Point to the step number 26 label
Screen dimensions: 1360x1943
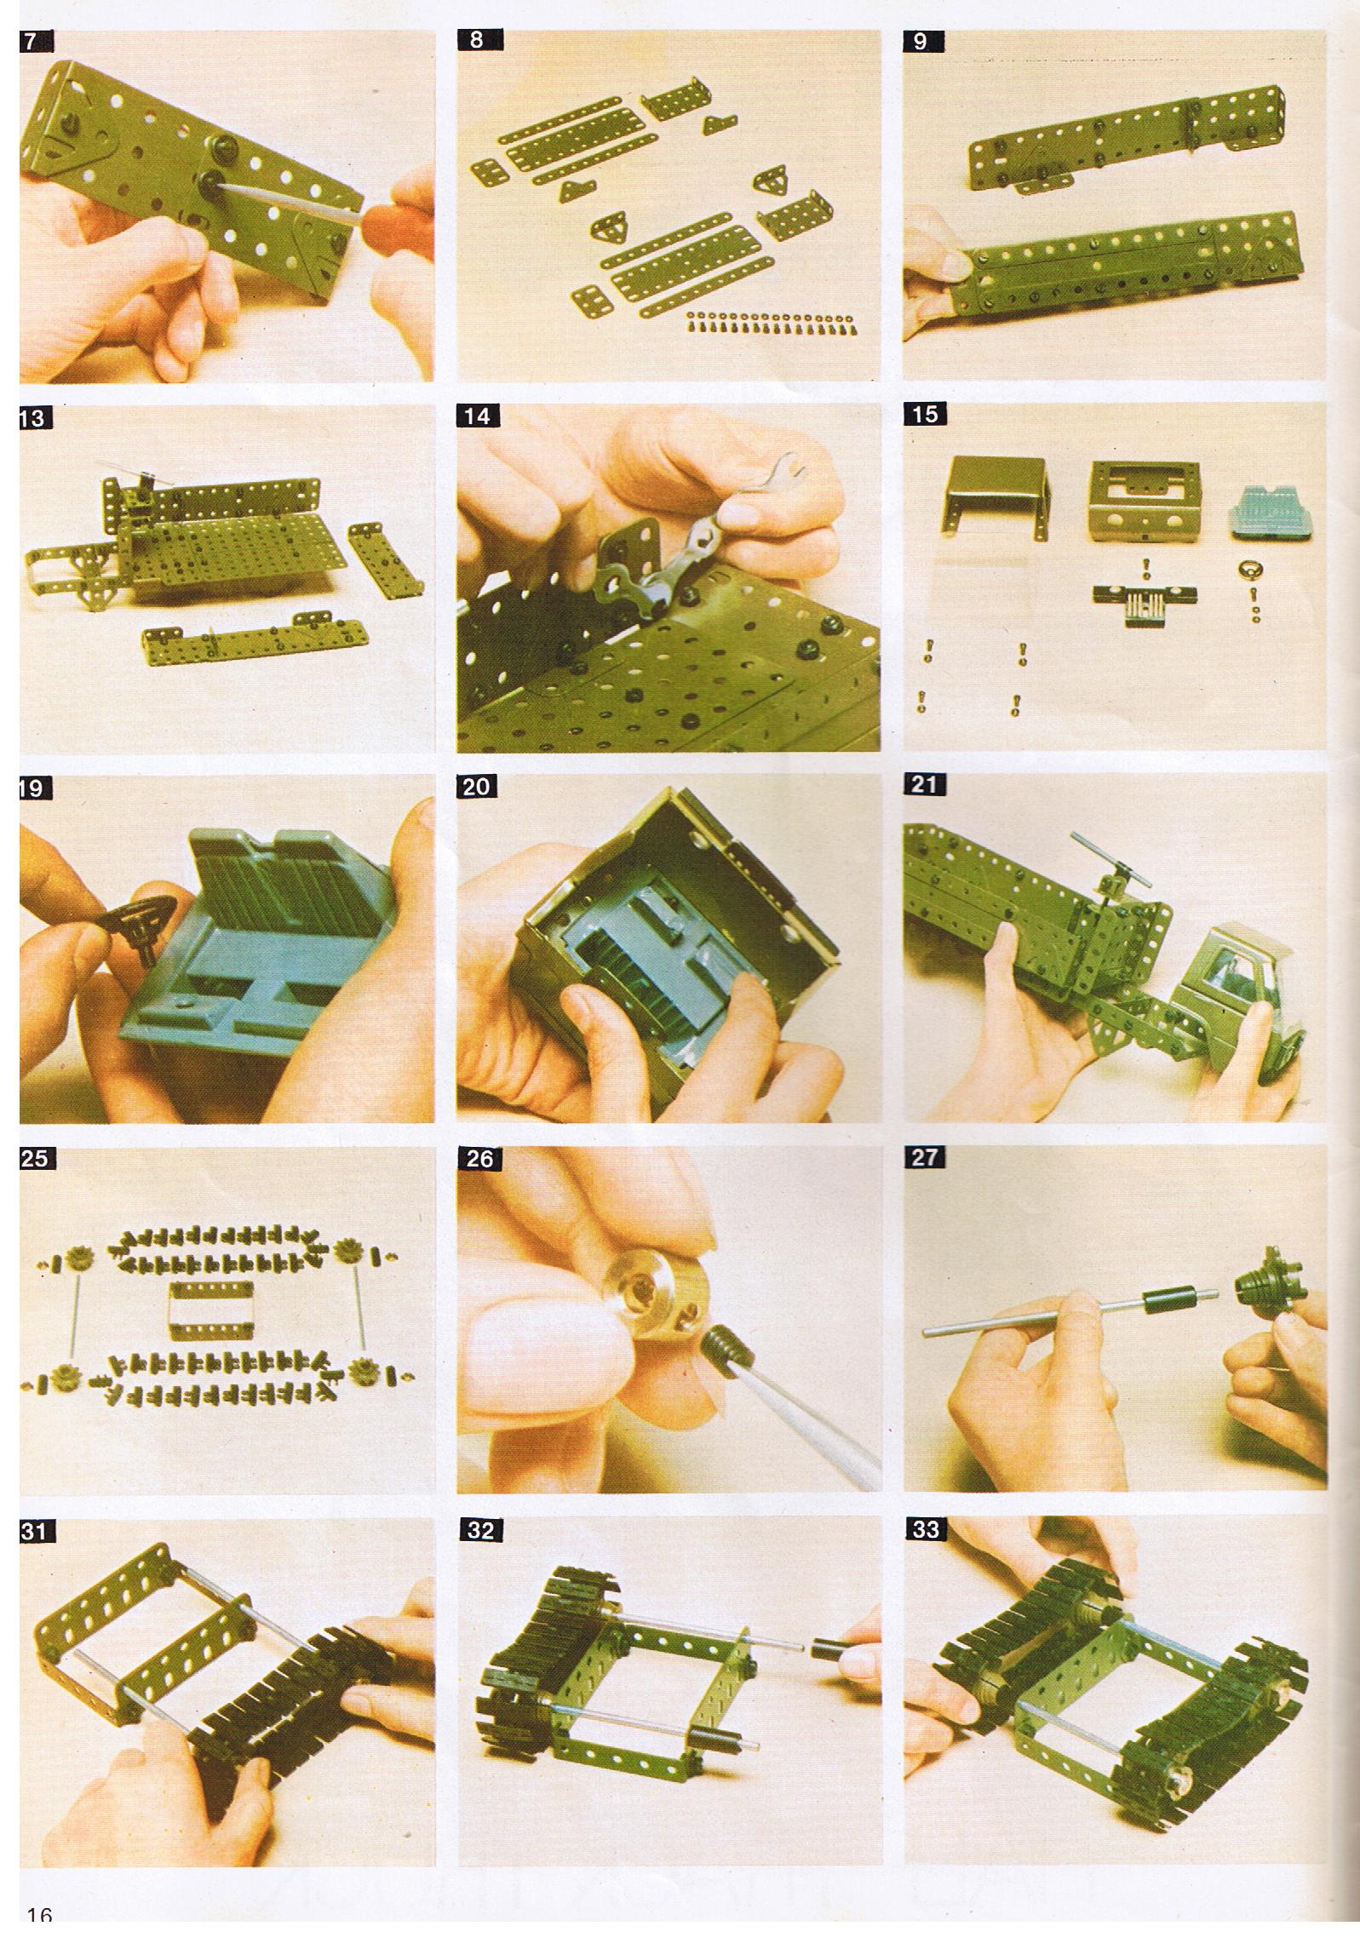pos(478,1158)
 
